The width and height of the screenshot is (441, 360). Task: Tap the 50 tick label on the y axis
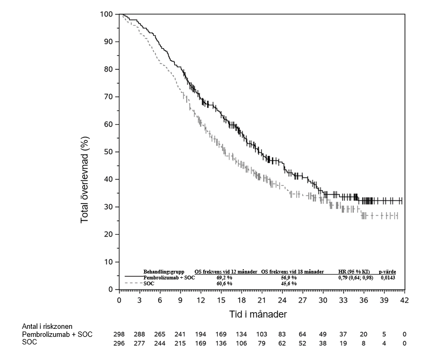click(109, 152)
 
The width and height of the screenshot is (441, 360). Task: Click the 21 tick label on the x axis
click(261, 300)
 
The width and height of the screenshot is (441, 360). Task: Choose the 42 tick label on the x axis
click(404, 300)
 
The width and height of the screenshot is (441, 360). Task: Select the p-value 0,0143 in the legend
click(388, 277)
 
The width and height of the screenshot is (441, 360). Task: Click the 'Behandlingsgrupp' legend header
click(163, 272)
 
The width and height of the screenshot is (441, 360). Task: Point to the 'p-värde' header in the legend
click(388, 272)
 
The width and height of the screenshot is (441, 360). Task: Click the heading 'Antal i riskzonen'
click(47, 326)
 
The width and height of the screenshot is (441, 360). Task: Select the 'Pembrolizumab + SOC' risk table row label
click(57, 334)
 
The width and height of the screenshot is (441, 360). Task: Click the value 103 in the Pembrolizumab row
click(261, 334)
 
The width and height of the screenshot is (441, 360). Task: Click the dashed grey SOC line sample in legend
click(132, 283)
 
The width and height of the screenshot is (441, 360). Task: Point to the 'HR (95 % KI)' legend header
click(353, 272)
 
